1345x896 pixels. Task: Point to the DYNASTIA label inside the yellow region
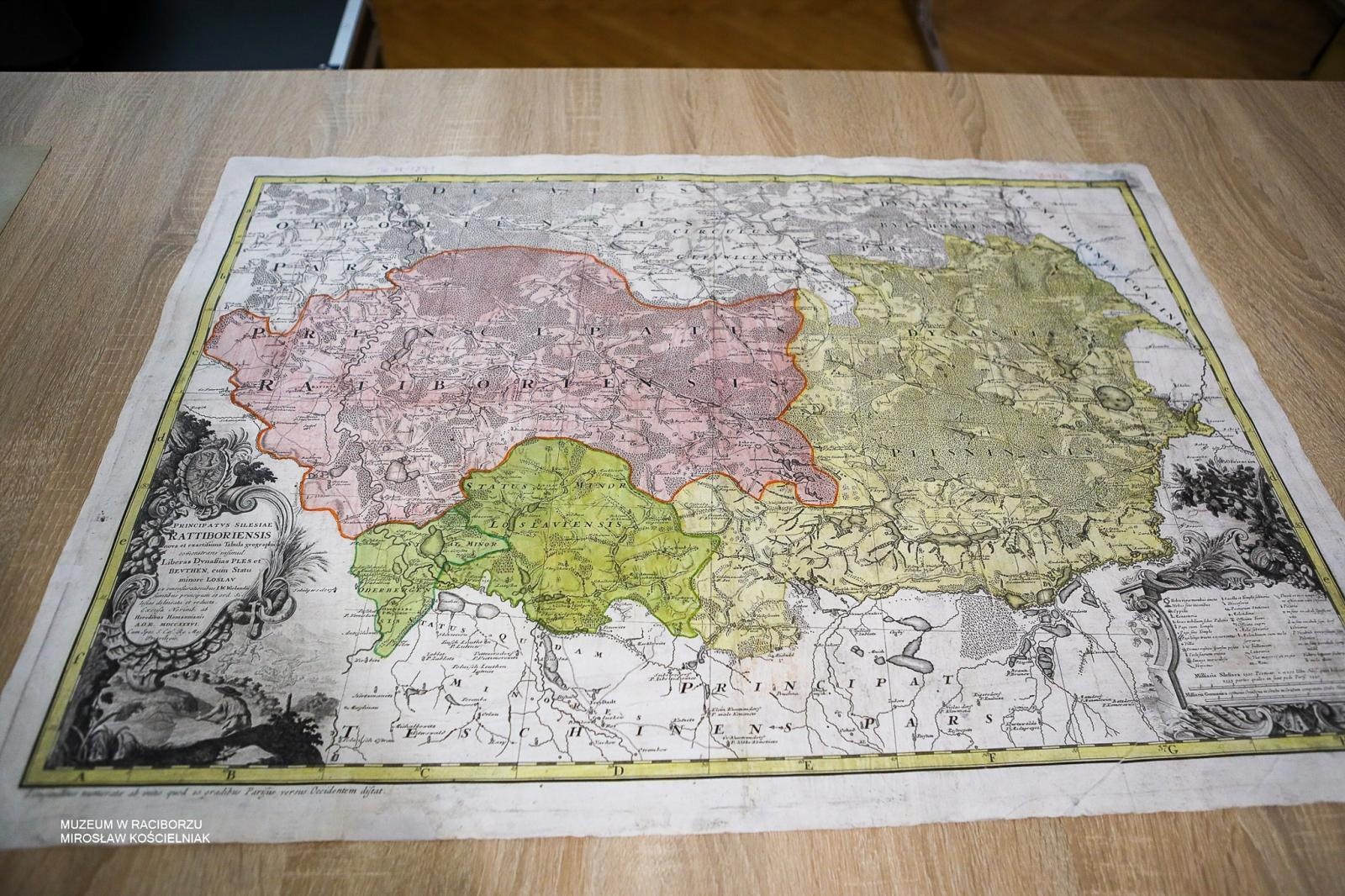[975, 336]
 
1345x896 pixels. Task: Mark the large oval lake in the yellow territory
[1116, 398]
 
